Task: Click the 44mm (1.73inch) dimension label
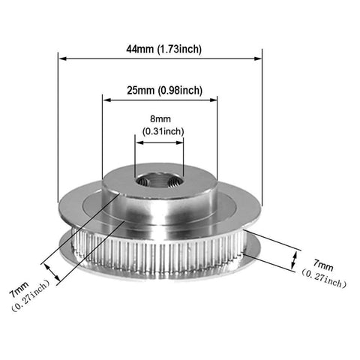coord(163,49)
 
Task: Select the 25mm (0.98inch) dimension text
coord(164,90)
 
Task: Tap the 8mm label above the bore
coord(160,118)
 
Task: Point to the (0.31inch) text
coord(163,131)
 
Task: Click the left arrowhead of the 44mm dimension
coord(62,58)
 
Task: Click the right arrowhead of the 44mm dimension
coord(257,58)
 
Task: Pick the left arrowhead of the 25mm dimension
coord(107,100)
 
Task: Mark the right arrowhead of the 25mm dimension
coord(213,100)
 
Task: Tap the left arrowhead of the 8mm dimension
coord(139,142)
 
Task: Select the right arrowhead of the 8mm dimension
coord(179,142)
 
